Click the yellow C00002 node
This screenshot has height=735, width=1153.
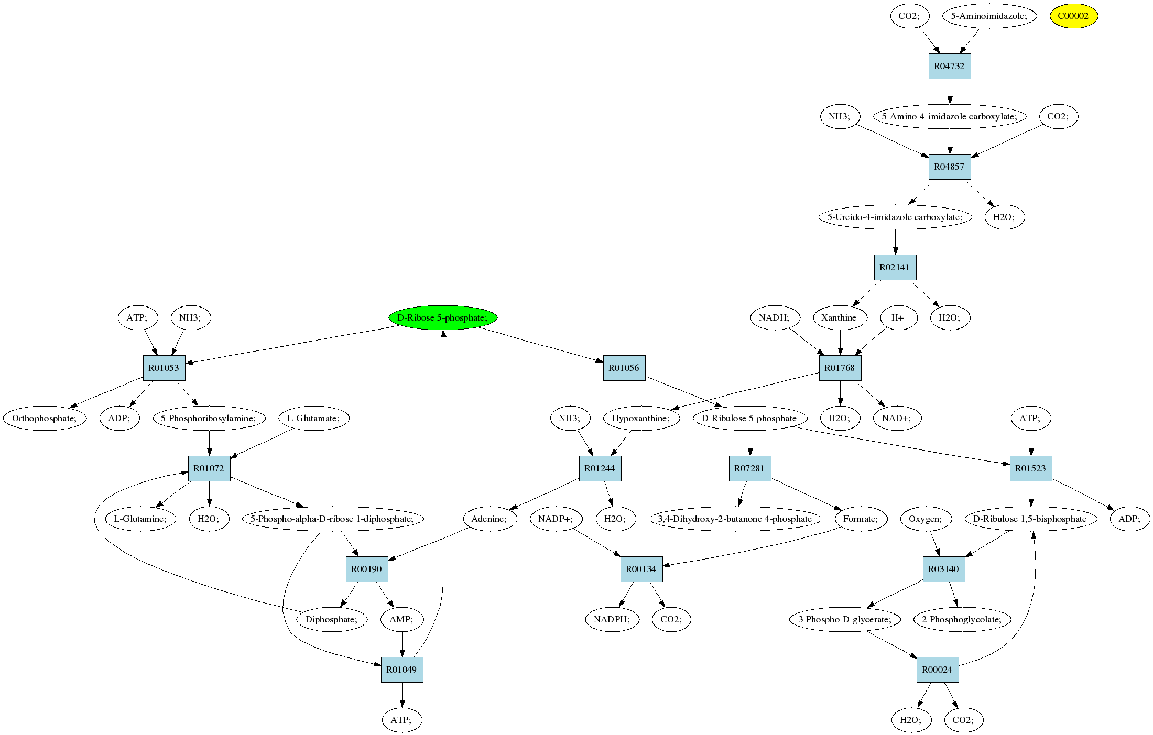coord(1073,16)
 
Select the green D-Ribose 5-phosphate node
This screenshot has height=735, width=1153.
coord(443,317)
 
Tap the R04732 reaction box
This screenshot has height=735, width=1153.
coord(949,66)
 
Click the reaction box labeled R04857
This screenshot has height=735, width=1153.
coord(949,167)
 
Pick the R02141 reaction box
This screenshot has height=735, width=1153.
coord(895,267)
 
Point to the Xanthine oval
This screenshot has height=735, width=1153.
coord(840,317)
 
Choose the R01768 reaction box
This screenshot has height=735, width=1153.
coord(840,368)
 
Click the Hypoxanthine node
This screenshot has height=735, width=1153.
coord(641,418)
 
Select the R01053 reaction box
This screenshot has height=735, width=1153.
coord(164,368)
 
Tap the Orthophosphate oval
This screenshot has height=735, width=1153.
coord(45,418)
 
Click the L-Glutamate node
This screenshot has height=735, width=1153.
coord(314,418)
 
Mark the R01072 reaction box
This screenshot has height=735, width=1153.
coord(209,468)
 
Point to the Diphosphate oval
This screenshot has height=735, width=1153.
coord(332,619)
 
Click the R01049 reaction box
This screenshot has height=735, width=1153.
coord(402,670)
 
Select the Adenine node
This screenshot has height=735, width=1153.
coord(490,519)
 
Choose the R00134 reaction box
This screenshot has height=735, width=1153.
coord(641,569)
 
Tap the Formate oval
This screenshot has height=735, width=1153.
coord(861,519)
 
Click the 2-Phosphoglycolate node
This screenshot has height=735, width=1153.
coord(962,619)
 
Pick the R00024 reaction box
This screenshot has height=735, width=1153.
coord(938,670)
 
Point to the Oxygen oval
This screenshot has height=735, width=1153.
coord(926,519)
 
